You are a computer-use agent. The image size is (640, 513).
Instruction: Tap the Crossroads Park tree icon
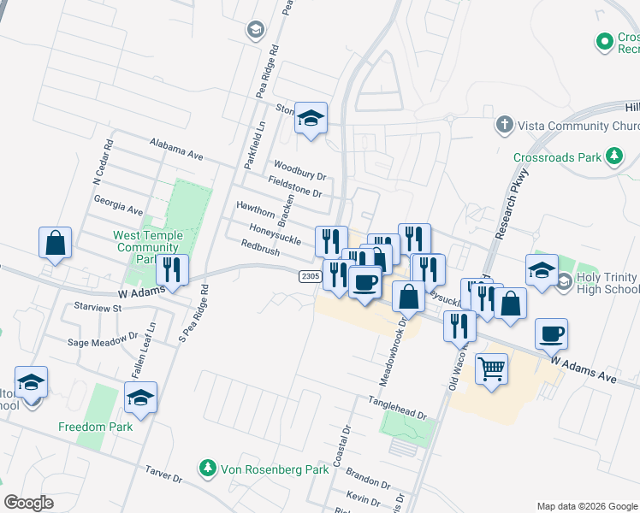(x=613, y=156)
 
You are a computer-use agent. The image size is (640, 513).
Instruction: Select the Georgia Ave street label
(x=118, y=208)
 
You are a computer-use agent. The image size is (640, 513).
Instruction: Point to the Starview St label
(x=99, y=306)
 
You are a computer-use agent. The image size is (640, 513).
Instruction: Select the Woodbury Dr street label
(x=300, y=170)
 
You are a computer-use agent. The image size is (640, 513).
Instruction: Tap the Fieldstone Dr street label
(x=295, y=186)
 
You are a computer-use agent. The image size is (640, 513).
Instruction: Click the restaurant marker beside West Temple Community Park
(x=172, y=271)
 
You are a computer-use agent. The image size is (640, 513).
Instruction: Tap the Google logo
(x=28, y=503)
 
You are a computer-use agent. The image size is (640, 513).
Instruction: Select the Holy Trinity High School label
(x=602, y=283)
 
